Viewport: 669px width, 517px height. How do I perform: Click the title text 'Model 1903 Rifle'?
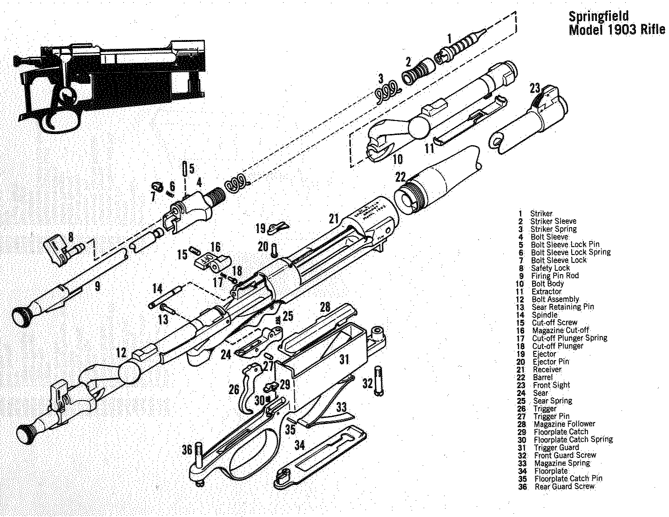pos(617,30)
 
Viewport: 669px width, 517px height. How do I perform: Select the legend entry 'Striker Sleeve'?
pos(553,221)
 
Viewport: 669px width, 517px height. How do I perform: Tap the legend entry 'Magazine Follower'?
pos(564,424)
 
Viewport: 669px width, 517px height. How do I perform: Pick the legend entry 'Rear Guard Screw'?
pos(564,486)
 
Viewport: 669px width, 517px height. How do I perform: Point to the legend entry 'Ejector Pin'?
pos(551,362)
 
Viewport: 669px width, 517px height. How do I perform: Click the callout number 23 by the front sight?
pos(534,88)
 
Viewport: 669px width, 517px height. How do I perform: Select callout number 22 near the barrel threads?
pos(400,177)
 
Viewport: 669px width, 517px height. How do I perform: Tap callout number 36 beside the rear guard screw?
pos(187,450)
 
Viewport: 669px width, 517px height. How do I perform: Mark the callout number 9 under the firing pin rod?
pos(97,286)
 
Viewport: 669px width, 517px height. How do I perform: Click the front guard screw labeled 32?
pos(378,381)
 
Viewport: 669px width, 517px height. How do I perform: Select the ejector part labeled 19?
pos(279,227)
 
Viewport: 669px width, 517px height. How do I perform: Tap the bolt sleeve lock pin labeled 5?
pos(186,168)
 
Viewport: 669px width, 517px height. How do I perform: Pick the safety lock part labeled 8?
pos(58,250)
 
